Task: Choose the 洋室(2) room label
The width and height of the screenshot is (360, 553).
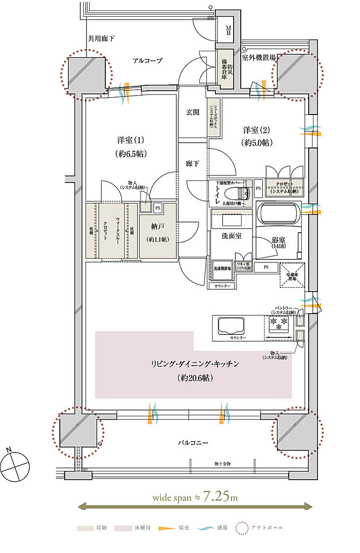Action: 256,130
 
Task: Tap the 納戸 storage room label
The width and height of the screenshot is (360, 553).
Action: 157,227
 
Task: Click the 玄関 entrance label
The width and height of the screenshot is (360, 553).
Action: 193,112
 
